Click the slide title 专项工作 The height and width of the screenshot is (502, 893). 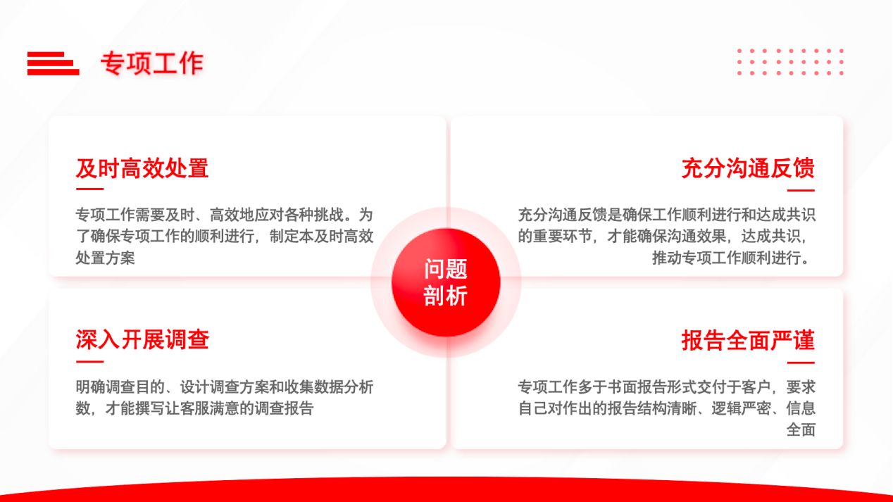tap(152, 63)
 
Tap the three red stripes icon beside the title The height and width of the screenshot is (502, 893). tap(54, 63)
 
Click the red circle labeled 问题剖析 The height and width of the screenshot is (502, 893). tap(446, 282)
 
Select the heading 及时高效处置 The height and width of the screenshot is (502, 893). tap(142, 168)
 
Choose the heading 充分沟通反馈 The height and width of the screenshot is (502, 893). tap(749, 168)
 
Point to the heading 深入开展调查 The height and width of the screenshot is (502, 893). tap(142, 340)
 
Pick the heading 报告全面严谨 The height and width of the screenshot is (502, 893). tap(749, 341)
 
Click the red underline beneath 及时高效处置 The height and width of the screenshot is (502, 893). tap(89, 189)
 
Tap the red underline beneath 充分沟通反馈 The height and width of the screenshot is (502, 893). tap(801, 190)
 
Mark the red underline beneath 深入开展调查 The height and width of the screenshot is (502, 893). tap(89, 361)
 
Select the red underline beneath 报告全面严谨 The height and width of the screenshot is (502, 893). tap(801, 363)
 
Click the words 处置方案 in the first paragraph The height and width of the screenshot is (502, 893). tap(105, 258)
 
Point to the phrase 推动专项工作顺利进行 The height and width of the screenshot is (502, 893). tap(726, 258)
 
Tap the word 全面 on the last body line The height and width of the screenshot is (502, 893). tap(801, 430)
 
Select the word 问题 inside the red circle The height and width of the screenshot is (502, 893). tap(446, 269)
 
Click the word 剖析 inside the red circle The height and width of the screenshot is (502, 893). tap(446, 296)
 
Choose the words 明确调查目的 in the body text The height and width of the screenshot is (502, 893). tap(120, 387)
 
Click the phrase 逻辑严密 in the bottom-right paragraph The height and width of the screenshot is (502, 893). tap(741, 408)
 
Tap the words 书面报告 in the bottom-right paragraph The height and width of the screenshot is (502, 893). tap(637, 387)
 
